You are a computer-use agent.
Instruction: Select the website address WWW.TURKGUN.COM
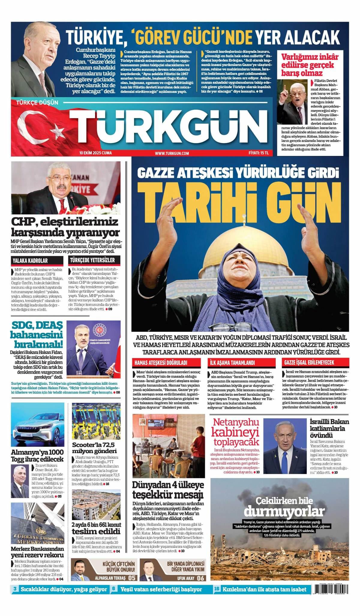click(172, 153)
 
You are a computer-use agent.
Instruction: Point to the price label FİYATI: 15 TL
click(259, 153)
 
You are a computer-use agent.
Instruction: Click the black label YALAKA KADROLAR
click(30, 261)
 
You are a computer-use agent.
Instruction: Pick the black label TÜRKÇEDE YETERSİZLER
click(93, 260)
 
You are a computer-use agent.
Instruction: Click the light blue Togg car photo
click(37, 425)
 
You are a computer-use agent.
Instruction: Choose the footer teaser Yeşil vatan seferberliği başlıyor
click(161, 589)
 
